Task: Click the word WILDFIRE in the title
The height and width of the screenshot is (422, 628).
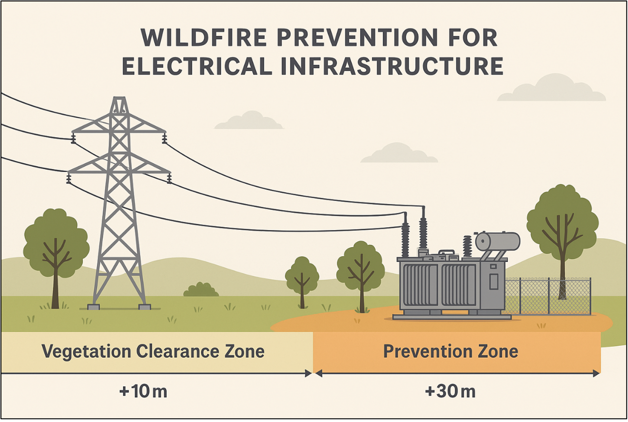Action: point(204,37)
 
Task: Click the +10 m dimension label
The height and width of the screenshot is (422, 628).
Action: point(143,392)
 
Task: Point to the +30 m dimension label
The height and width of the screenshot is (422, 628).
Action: point(450,392)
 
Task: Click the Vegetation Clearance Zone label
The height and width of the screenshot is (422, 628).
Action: point(153,352)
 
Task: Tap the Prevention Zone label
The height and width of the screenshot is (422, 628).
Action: point(451,352)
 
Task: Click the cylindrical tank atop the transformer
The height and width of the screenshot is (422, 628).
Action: point(498,241)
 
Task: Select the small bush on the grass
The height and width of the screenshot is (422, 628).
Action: point(201,290)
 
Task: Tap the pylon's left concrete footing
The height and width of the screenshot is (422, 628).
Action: point(94,307)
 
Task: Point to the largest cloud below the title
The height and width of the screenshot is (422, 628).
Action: point(551,89)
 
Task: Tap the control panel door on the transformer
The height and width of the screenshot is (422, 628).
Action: point(494,281)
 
